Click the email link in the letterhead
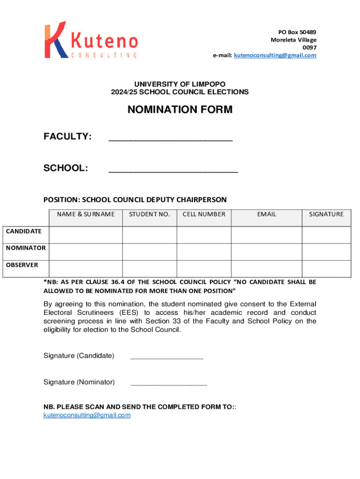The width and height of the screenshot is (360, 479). pos(275,55)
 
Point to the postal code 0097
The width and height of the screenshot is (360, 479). pos(310,47)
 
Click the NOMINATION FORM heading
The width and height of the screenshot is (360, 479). pos(180,110)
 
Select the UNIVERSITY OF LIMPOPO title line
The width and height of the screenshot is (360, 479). pos(180,84)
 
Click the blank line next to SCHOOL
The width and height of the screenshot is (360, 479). pos(173,171)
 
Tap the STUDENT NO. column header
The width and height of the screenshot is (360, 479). pos(149,214)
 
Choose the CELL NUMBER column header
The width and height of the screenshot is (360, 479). pos(204,214)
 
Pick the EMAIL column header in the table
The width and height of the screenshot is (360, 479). pos(266,214)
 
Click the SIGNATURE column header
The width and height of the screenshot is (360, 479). pos(326,214)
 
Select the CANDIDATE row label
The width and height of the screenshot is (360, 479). pos(24,231)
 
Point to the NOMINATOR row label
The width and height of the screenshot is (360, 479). pos(26,248)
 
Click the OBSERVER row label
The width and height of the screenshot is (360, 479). pos(22,265)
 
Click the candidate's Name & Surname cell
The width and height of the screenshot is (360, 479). pos(86,235)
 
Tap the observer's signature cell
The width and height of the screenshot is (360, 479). pos(326,269)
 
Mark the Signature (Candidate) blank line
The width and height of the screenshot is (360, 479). pos(167,357)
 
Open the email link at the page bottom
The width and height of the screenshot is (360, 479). pos(87,415)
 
